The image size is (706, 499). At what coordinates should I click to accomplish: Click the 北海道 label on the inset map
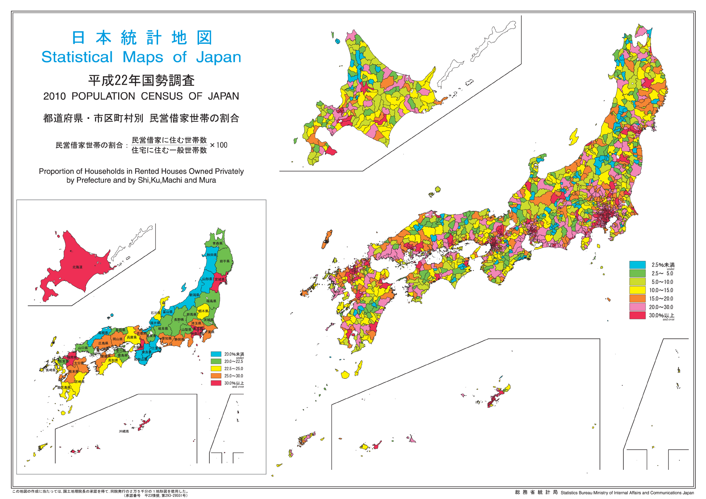point(77,267)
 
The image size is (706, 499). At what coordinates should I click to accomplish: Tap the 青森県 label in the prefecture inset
point(217,243)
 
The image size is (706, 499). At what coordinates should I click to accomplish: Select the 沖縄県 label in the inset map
point(124,431)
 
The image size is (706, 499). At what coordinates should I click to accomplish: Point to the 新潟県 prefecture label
point(194,295)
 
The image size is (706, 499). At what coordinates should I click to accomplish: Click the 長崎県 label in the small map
point(51,370)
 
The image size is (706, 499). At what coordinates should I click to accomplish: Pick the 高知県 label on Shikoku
point(113,361)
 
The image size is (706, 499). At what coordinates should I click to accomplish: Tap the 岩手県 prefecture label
point(224,261)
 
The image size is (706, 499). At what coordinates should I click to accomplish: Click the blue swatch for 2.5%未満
point(637,265)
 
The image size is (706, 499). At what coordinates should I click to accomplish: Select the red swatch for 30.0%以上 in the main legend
point(637,315)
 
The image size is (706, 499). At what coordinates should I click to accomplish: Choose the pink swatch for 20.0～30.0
point(637,307)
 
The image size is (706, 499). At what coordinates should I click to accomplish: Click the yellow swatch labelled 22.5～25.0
point(216,369)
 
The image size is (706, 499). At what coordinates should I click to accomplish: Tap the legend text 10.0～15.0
point(661,290)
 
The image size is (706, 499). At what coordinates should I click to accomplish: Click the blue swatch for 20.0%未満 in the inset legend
point(216,354)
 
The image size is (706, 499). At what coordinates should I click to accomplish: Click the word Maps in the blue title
point(143,57)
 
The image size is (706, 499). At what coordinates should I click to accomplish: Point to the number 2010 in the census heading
point(54,96)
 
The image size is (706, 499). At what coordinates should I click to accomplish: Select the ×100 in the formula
point(219,145)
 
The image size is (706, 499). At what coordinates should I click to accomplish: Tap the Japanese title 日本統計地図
point(142,38)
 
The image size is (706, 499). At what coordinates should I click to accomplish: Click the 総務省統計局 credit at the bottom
point(536,492)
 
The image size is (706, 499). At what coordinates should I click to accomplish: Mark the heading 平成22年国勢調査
point(141,80)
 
